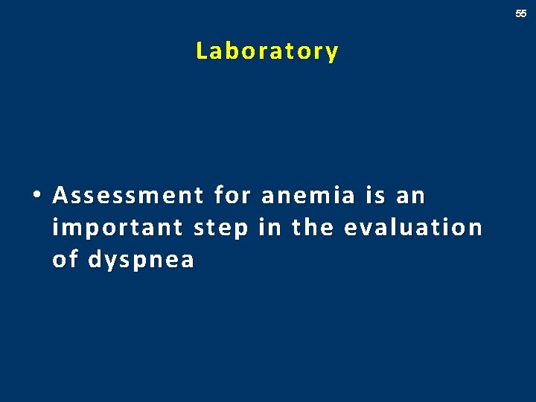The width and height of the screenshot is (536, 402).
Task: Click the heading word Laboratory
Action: pyautogui.click(x=267, y=51)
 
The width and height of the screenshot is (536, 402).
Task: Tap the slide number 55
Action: pyautogui.click(x=521, y=13)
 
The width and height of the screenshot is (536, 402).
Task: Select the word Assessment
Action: pyautogui.click(x=127, y=196)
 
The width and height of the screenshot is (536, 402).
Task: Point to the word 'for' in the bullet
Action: pyautogui.click(x=231, y=196)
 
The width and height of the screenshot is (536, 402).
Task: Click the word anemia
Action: pyautogui.click(x=307, y=196)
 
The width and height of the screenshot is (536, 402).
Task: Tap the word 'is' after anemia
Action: pyautogui.click(x=374, y=196)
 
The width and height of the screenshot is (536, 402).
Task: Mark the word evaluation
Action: pyautogui.click(x=413, y=227)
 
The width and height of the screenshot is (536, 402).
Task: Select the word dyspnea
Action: pyautogui.click(x=141, y=261)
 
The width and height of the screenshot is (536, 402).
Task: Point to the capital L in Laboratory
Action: pyautogui.click(x=201, y=51)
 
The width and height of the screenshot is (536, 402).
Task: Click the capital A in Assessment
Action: pyautogui.click(x=60, y=196)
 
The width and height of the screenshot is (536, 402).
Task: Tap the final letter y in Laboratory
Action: pyautogui.click(x=332, y=53)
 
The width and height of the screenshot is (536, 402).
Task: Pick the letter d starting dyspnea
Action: pyautogui.click(x=95, y=259)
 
